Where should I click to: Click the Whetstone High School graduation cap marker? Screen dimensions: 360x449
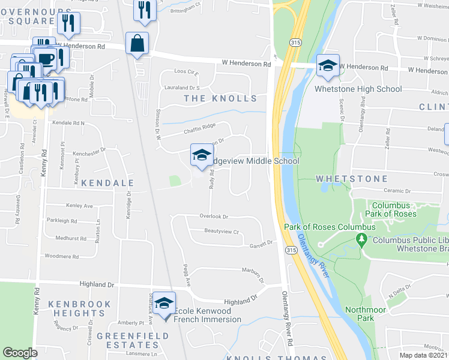328,66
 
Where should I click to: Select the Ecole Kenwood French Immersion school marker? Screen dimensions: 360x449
163,303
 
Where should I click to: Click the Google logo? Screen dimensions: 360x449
20,353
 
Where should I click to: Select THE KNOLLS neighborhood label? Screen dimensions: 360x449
220,98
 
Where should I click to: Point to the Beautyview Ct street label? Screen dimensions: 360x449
221,232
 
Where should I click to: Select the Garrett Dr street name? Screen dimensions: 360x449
262,243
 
